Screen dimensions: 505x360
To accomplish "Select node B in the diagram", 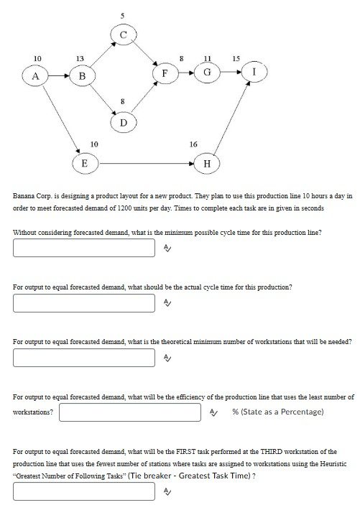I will [x=82, y=74].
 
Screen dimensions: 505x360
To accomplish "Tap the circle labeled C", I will [x=123, y=34].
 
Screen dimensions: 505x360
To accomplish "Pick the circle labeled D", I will [x=123, y=123].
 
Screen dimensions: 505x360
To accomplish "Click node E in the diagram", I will [x=83, y=163].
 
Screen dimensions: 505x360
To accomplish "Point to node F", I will [x=165, y=73].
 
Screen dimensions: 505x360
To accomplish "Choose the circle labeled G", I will [x=207, y=73].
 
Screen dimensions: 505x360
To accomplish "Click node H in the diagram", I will [x=207, y=163].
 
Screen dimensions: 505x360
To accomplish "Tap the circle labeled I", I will [x=254, y=71].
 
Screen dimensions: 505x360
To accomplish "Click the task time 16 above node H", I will [x=193, y=144].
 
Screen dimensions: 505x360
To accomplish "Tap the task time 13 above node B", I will [x=80, y=57].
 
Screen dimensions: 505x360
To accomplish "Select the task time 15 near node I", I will [x=236, y=57].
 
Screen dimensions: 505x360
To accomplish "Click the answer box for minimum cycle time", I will [x=83, y=248].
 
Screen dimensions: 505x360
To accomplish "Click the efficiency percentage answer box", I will [x=130, y=412].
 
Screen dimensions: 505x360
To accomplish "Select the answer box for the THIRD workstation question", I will [x=83, y=491].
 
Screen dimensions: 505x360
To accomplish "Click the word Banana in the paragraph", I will [x=25, y=195].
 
